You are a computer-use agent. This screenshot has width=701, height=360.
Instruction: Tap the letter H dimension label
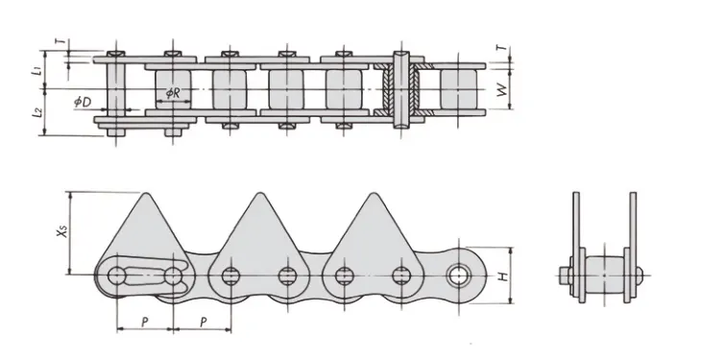[x=504, y=276]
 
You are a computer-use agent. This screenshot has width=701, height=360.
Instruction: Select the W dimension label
[x=503, y=90]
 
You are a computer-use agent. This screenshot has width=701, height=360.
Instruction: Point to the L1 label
[x=38, y=70]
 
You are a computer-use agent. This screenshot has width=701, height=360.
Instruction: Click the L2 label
[x=38, y=111]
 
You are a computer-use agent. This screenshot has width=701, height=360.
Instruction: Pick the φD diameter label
[x=84, y=103]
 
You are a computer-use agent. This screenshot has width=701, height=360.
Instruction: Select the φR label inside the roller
[x=173, y=93]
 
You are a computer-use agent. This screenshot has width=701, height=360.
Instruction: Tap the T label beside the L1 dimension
[x=62, y=41]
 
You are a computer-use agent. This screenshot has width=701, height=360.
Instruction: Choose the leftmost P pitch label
[x=144, y=322]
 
